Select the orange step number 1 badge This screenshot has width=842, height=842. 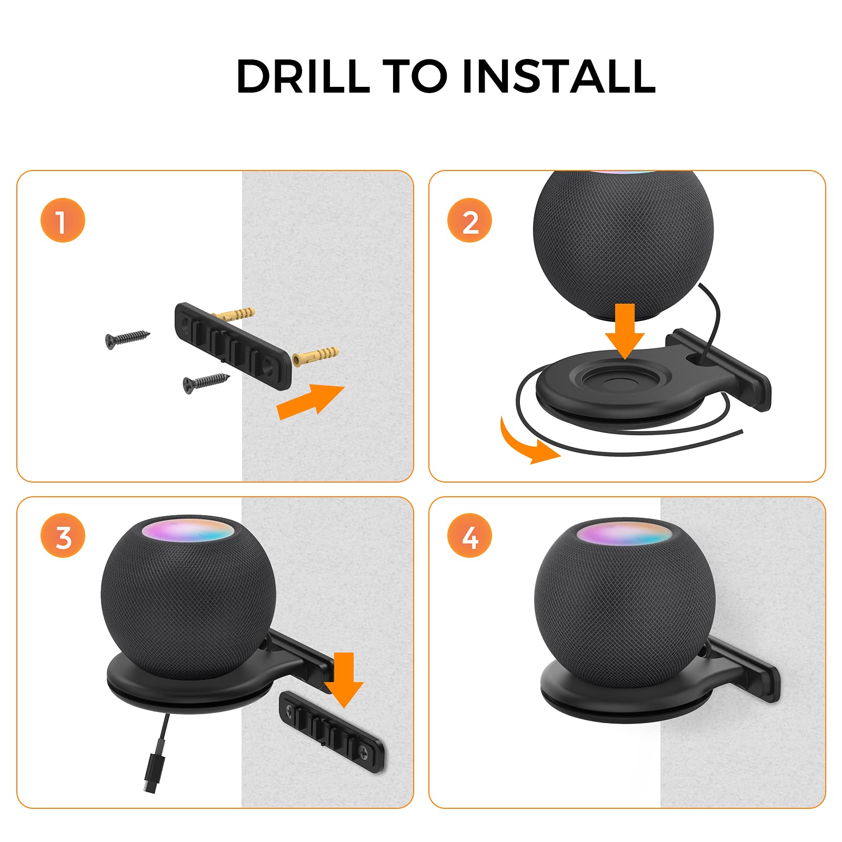[x=63, y=220]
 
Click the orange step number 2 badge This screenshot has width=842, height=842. [x=469, y=220]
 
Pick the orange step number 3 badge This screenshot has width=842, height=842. [x=63, y=536]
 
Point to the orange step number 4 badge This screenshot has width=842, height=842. [x=469, y=536]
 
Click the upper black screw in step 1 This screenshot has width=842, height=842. [x=127, y=338]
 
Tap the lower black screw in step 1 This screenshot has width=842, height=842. [x=205, y=381]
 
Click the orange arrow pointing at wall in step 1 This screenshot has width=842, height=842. [x=310, y=401]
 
